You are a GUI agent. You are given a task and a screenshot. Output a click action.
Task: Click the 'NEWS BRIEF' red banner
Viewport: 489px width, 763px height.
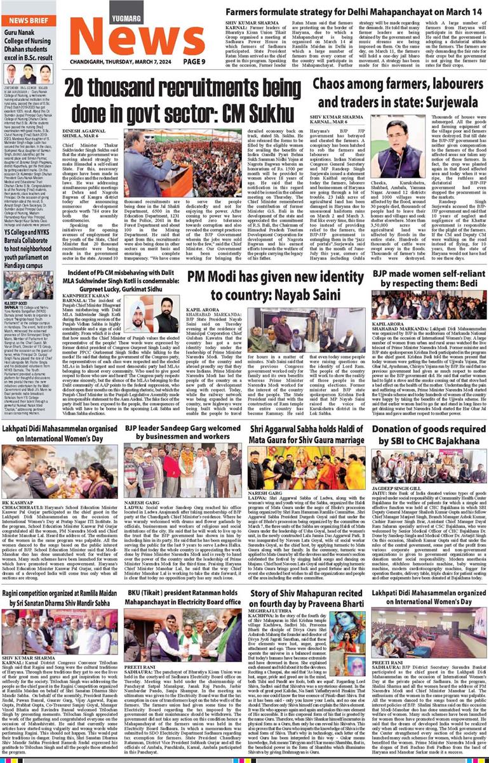[27, 21]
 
